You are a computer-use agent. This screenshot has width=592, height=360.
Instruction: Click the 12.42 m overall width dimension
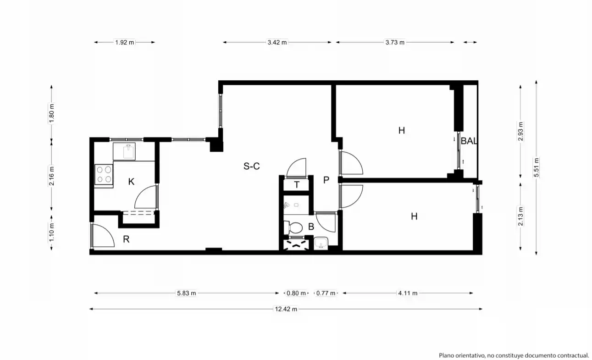(x=286, y=309)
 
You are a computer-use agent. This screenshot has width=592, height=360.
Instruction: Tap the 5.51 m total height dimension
(x=536, y=167)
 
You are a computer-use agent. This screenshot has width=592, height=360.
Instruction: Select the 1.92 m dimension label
(x=124, y=42)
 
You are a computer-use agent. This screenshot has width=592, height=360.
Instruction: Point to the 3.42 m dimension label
(x=277, y=42)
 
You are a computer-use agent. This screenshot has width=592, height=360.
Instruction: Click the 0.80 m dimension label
(x=296, y=293)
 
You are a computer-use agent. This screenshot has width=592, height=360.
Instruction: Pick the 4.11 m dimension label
(x=408, y=293)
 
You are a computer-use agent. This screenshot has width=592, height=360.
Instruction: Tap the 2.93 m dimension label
(x=520, y=131)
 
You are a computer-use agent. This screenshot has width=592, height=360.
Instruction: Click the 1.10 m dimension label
(x=51, y=233)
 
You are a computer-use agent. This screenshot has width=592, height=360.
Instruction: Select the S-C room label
(x=252, y=166)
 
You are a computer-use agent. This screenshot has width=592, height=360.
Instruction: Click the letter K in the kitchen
(x=131, y=182)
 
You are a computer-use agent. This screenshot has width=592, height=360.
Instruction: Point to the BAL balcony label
(x=469, y=141)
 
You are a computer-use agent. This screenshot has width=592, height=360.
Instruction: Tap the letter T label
(x=297, y=185)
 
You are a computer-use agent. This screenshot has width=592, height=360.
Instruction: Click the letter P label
(x=326, y=180)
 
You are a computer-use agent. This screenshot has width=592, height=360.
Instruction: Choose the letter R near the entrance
(x=126, y=239)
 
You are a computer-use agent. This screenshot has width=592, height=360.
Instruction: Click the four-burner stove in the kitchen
(x=104, y=174)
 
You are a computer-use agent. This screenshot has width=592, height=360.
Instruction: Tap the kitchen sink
(x=128, y=151)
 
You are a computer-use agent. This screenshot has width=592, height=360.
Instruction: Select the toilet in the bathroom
(x=293, y=227)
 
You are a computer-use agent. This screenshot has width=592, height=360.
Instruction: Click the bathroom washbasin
(x=321, y=243)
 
